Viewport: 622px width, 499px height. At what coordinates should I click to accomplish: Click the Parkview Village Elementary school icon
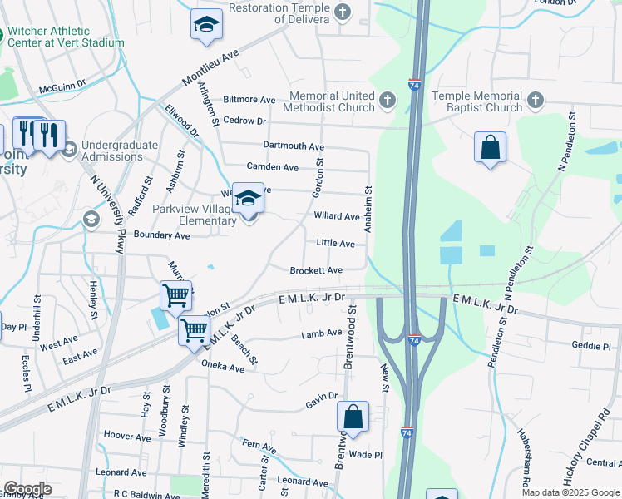click(x=248, y=199)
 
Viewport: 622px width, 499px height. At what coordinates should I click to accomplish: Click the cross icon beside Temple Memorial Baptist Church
click(x=535, y=101)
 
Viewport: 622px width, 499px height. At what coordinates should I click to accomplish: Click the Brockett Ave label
click(x=316, y=271)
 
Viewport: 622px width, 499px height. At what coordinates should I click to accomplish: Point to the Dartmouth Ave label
click(x=292, y=145)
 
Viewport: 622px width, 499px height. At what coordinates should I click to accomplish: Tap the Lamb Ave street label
click(x=322, y=333)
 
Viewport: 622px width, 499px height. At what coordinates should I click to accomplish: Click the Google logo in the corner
click(x=27, y=489)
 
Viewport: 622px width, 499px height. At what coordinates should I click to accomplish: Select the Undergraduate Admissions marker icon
click(x=69, y=150)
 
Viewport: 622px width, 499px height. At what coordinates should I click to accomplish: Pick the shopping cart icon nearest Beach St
click(x=194, y=329)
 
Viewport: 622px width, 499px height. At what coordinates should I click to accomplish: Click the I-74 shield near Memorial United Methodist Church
click(x=414, y=84)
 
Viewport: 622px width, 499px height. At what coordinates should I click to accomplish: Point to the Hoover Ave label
click(x=126, y=436)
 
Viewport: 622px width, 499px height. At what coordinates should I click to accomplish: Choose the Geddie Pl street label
click(x=592, y=345)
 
